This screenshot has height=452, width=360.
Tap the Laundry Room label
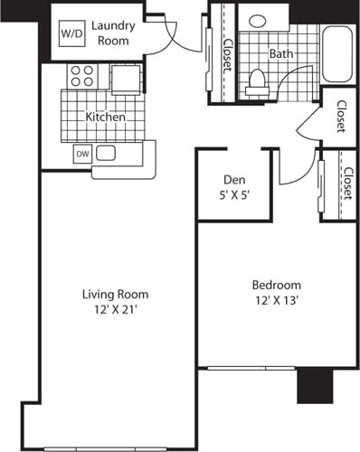pos(113,33)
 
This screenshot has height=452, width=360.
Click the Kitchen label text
pos(105,118)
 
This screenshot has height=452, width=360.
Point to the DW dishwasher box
pos(82,154)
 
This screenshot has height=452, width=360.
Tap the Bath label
pos(280,53)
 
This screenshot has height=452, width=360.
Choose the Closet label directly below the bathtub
pos(340,116)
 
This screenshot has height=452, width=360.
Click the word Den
pos(234,181)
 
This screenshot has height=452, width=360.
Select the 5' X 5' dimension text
pos(234,194)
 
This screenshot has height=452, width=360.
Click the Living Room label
pos(115,295)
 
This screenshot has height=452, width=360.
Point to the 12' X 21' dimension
pos(115,309)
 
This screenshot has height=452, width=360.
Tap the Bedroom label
pos(276,286)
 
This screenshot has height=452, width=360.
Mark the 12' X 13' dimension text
pos(276,300)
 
